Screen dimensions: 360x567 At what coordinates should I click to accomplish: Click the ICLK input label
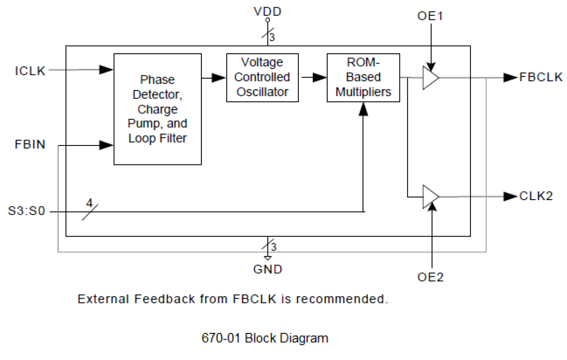coord(30,71)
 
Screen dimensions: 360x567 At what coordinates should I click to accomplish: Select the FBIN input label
coord(30,145)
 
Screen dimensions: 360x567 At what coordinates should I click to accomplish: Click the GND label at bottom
coord(268,270)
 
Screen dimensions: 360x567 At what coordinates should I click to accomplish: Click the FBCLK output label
coord(541,77)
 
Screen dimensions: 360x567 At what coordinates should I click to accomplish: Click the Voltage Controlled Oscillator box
coord(262,77)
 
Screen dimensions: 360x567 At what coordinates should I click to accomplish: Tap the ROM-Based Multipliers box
coord(363,77)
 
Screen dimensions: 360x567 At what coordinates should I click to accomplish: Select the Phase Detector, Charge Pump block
coord(157,109)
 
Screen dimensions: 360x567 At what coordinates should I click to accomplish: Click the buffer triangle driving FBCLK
coord(430,78)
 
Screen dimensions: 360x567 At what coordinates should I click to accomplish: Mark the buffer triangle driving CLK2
coord(430,196)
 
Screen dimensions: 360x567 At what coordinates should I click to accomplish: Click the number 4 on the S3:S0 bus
coord(89,204)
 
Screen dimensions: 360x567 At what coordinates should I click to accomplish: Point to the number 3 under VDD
coord(272,38)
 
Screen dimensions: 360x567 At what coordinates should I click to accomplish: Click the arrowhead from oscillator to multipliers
coord(320,78)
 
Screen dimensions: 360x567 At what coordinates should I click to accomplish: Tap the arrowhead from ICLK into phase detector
coord(106,70)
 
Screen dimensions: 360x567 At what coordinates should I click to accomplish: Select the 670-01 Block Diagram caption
coord(265,338)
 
